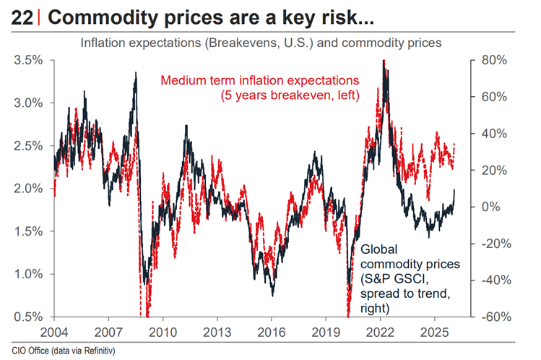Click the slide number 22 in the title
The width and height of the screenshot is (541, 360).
point(20,17)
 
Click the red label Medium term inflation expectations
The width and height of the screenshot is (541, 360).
point(261,80)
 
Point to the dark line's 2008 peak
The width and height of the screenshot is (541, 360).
point(135,73)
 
